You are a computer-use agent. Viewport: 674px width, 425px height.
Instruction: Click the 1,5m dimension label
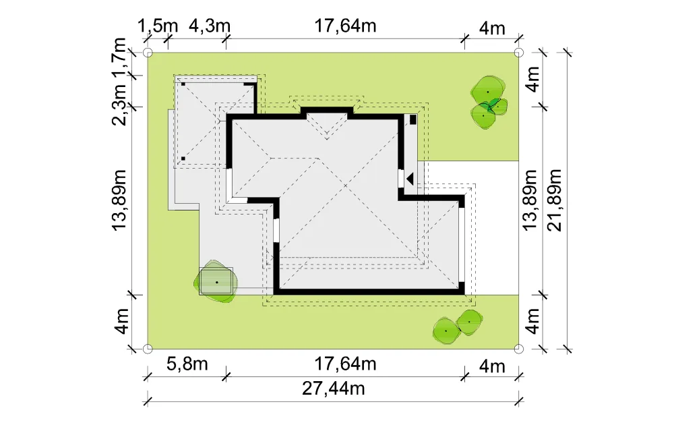157,26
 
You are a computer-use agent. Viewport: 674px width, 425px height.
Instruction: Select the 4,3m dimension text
210,26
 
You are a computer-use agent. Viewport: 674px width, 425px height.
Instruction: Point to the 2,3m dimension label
119,105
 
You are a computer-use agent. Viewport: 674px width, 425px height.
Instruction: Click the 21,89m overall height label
555,200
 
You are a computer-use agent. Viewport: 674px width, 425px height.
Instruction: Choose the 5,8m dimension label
187,364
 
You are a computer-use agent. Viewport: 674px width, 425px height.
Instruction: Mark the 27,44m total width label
334,389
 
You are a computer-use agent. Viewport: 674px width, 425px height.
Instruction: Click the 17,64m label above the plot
346,26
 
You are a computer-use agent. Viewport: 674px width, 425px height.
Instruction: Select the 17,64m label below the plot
346,364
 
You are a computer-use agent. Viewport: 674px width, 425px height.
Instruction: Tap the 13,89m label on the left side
119,200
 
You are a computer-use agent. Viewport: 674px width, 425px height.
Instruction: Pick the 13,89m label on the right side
530,200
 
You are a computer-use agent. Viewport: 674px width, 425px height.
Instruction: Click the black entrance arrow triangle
410,179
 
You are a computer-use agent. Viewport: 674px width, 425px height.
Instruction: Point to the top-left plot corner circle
148,53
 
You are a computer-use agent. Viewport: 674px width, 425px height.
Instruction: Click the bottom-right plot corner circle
519,348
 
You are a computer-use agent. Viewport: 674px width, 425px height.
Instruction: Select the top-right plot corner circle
519,53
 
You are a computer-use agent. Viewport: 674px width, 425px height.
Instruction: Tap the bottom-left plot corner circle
148,348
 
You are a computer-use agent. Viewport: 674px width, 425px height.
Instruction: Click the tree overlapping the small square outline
216,282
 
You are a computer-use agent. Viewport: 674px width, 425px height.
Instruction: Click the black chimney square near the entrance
412,119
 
